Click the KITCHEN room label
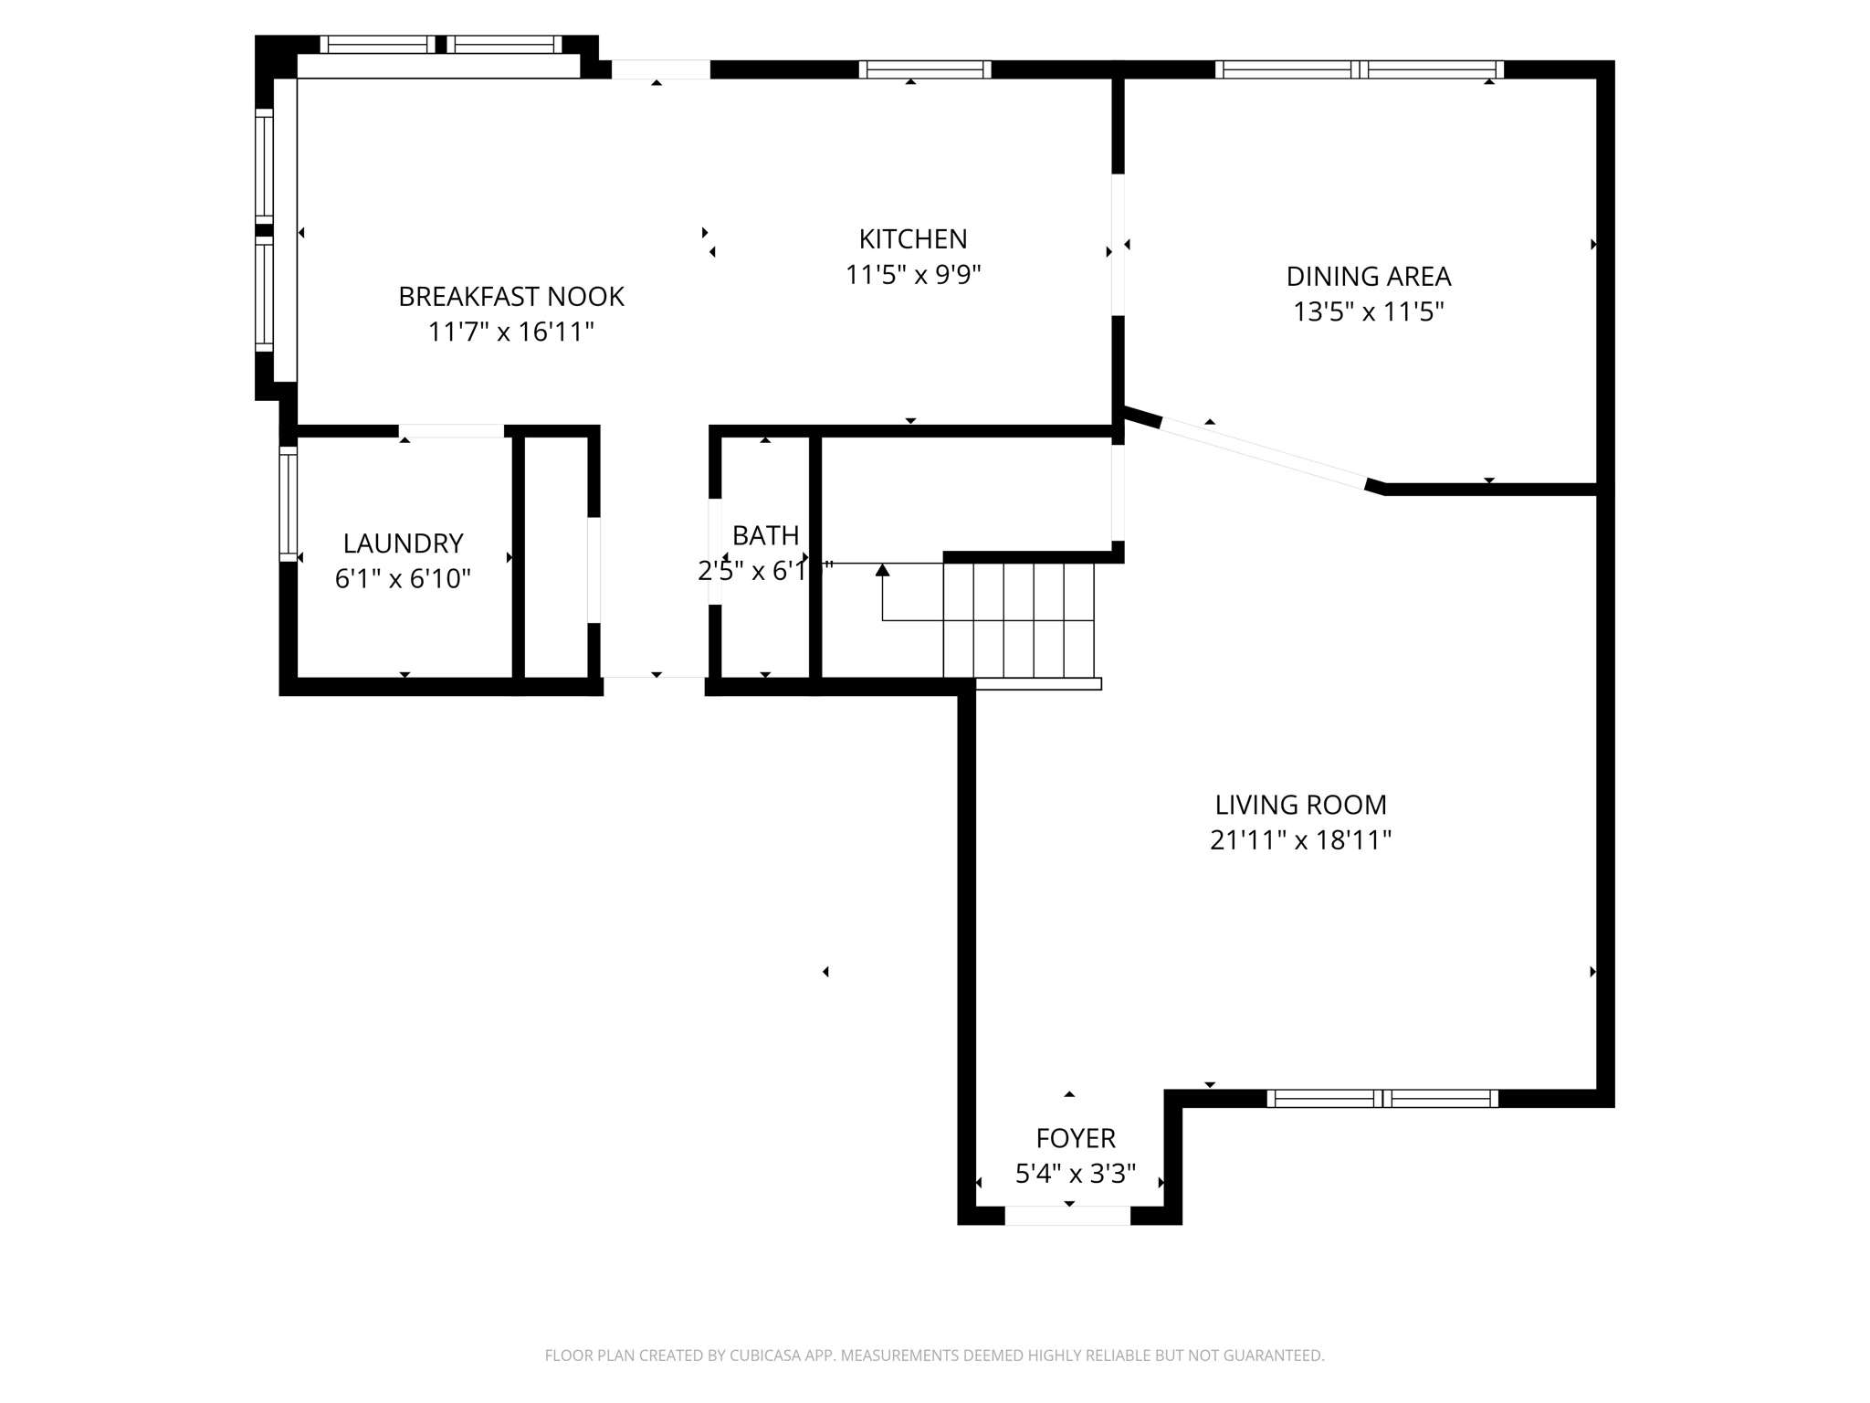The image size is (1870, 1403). point(912,239)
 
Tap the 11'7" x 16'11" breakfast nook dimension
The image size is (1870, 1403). point(510,332)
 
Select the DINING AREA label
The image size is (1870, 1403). point(1368,276)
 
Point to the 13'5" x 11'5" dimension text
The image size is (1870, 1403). point(1368,312)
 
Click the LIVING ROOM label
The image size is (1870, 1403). point(1300,805)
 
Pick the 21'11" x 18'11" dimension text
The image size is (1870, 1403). point(1300,840)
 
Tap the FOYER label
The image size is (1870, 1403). point(1076,1138)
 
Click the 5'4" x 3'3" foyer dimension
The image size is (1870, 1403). point(1076,1174)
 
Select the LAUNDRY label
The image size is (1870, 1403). point(403,543)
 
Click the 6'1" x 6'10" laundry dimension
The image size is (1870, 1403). point(403,579)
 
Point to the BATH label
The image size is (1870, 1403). point(765,535)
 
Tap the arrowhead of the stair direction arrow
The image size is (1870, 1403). point(882,570)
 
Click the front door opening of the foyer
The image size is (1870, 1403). point(1067,1216)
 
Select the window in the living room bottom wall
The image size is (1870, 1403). point(1382,1099)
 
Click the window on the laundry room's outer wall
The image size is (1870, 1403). point(288,503)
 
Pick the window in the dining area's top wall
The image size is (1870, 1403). point(1359,69)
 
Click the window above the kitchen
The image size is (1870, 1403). point(924,69)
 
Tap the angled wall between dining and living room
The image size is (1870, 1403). point(1264,453)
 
